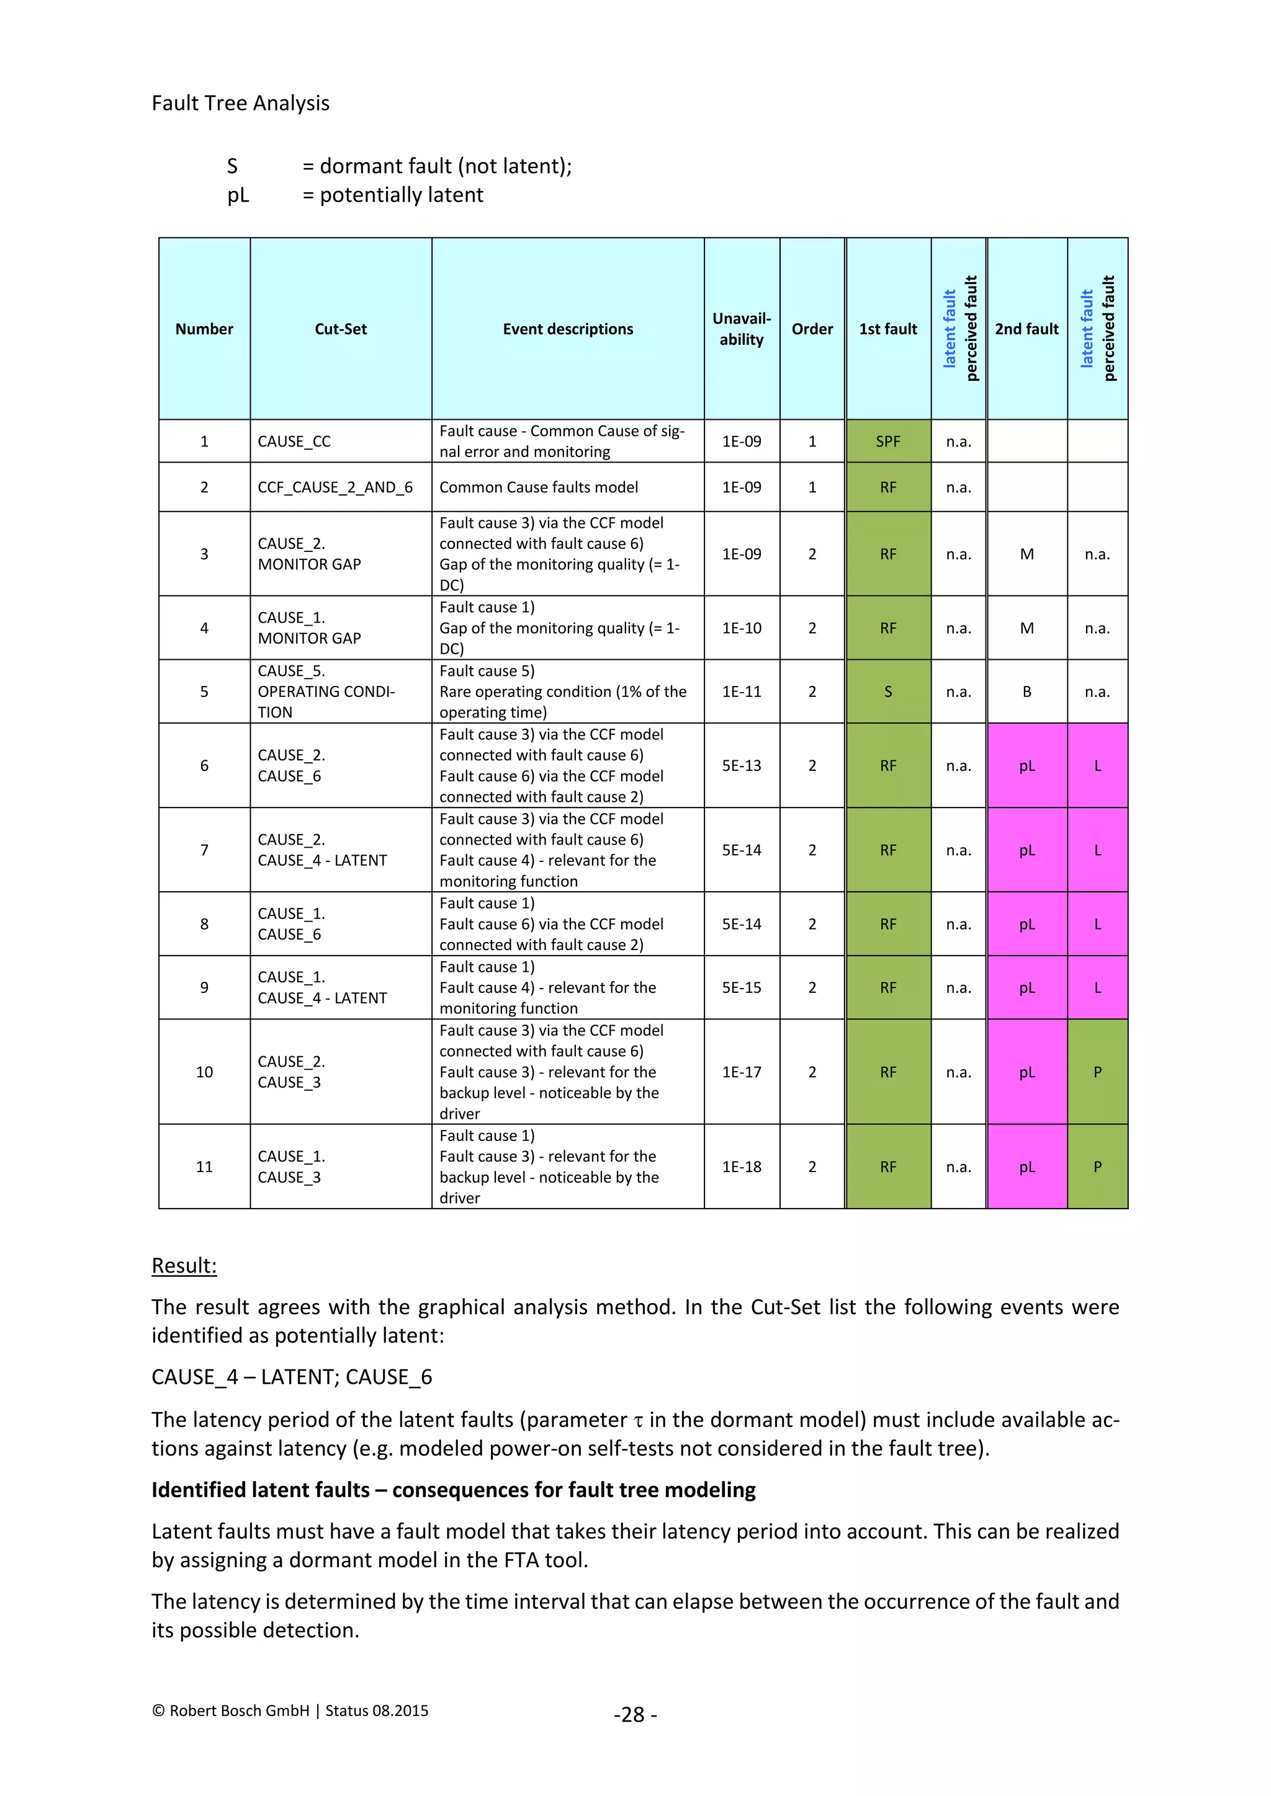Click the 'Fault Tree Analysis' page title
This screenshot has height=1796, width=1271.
click(x=240, y=103)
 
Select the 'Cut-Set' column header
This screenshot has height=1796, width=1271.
click(x=341, y=329)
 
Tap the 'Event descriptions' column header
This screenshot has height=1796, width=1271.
click(x=567, y=329)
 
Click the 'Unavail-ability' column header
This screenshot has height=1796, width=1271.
click(x=741, y=329)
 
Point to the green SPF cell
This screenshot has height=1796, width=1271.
click(x=887, y=441)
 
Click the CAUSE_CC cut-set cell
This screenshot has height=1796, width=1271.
click(x=294, y=441)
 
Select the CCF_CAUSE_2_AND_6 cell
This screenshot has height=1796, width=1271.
click(x=335, y=487)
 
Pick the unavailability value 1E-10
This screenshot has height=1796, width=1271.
click(x=741, y=628)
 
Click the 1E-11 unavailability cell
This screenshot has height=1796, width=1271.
click(x=741, y=691)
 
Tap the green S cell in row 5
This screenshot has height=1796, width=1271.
click(x=887, y=691)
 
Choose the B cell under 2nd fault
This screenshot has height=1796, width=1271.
click(x=1026, y=691)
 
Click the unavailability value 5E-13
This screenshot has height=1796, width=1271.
click(x=741, y=766)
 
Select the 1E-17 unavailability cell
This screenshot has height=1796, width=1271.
click(x=741, y=1072)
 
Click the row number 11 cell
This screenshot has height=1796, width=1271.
click(x=204, y=1167)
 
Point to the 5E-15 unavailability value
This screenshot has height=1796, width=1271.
click(x=741, y=987)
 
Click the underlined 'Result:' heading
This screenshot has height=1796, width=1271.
click(x=184, y=1266)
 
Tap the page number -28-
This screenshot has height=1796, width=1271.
click(x=635, y=1715)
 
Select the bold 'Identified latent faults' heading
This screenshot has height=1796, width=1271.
click(x=453, y=1490)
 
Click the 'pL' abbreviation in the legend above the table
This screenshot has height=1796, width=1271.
click(x=238, y=195)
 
